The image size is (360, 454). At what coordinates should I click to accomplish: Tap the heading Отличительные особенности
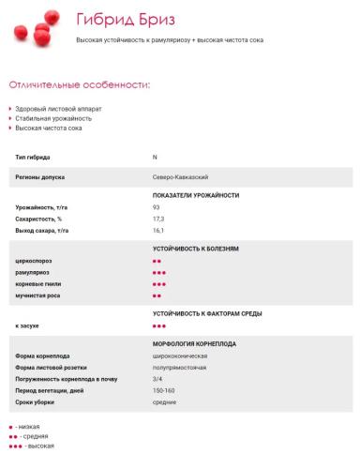79,85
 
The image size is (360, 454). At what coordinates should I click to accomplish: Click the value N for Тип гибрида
155,156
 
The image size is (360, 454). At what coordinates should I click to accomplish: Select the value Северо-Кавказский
180,175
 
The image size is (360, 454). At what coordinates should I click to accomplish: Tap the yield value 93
156,205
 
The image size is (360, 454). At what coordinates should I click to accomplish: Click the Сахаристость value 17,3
157,218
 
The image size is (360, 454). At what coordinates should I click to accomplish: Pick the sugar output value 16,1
157,230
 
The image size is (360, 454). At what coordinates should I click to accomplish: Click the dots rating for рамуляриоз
158,272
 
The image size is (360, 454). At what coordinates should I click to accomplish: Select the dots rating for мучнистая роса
157,295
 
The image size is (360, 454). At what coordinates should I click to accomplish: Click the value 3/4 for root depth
157,379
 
